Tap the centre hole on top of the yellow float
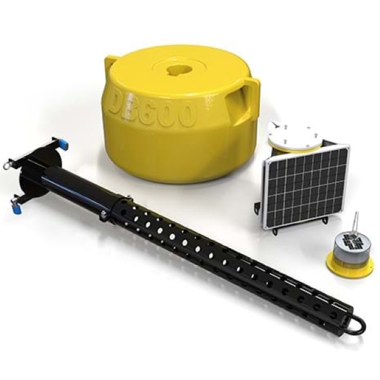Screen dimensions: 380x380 pos(179,67)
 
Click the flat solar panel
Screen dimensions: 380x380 pos(306,185)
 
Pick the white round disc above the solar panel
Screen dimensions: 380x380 pos(294,134)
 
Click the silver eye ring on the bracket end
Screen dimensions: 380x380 pos(7,166)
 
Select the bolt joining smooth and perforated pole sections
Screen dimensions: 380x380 pos(103,215)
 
